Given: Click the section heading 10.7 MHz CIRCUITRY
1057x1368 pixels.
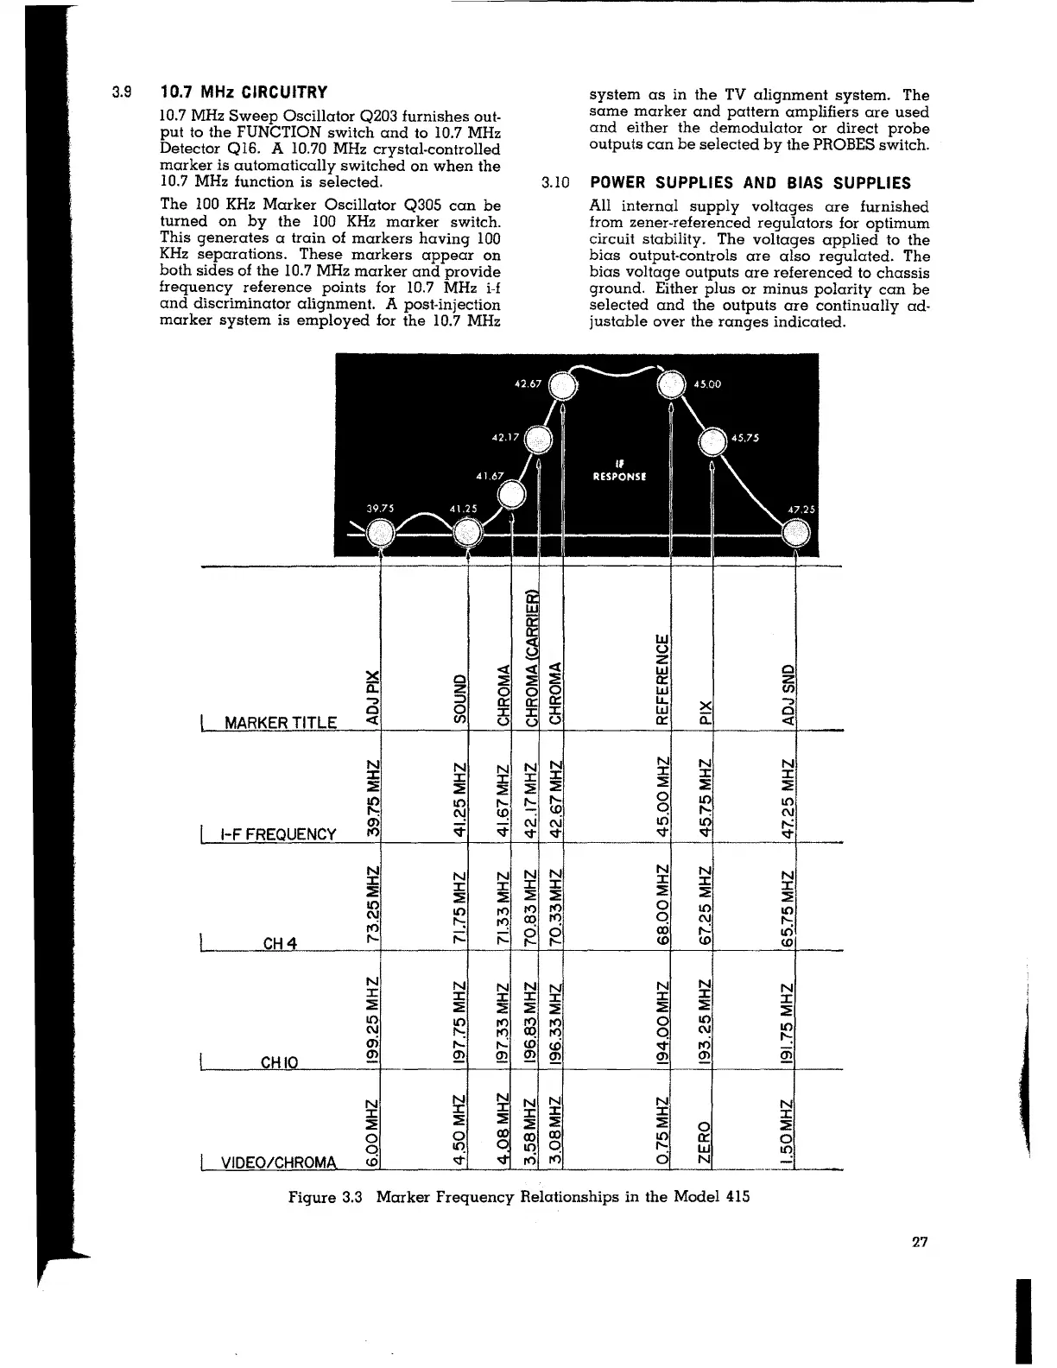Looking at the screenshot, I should (244, 92).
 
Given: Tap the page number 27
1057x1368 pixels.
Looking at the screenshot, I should (919, 1243).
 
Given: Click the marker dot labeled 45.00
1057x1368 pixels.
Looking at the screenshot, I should (671, 384).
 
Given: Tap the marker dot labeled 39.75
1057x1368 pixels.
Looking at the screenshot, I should (379, 535).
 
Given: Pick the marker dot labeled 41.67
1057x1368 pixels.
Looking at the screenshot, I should (512, 495).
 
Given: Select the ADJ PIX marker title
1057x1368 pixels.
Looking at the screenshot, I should (372, 695).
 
